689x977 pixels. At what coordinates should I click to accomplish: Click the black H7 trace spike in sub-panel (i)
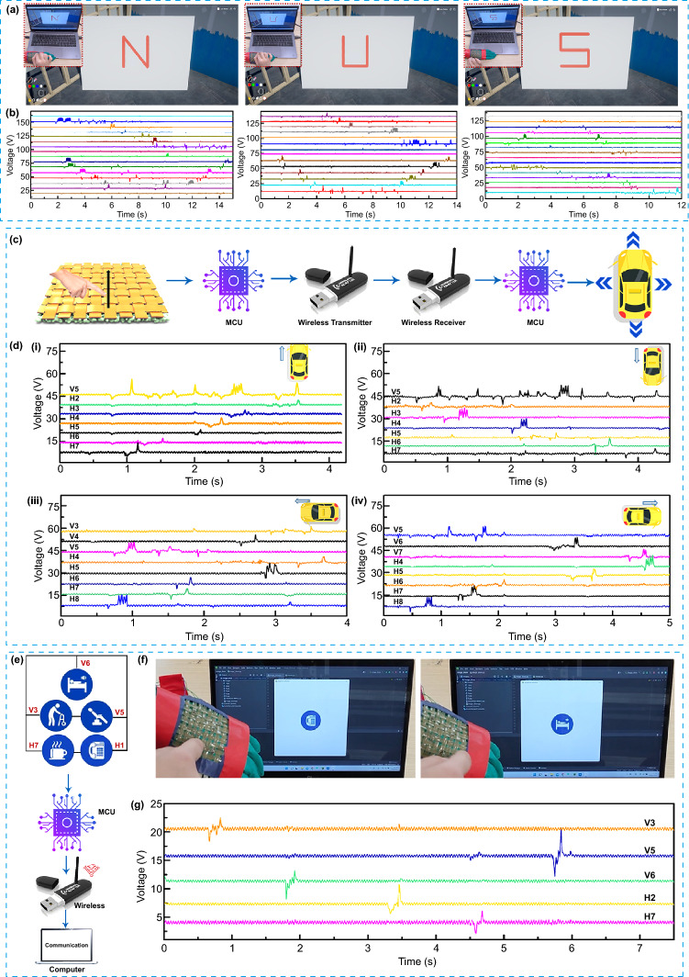[x=139, y=447]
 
